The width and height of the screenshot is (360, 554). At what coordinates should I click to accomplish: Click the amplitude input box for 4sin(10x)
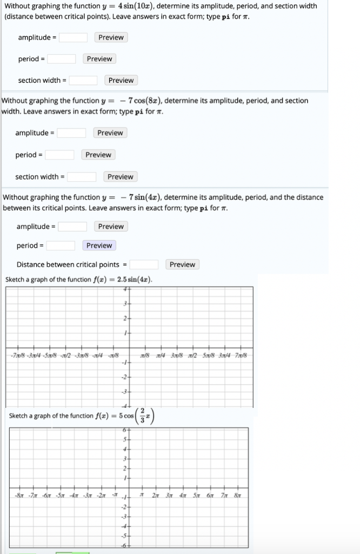[74, 37]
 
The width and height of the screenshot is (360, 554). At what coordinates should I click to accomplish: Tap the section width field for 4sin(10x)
[83, 80]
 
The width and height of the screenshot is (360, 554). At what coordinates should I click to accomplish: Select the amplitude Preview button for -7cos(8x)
[110, 133]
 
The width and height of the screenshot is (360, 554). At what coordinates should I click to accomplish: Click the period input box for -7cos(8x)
[60, 155]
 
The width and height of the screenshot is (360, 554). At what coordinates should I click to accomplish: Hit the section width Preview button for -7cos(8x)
[120, 176]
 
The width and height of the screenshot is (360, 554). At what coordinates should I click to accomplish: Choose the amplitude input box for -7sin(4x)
[73, 226]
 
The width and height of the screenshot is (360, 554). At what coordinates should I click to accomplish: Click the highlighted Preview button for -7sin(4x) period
[99, 245]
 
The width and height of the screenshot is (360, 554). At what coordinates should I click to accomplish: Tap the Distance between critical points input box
[144, 265]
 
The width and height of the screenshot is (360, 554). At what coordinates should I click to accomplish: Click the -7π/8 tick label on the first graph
[16, 355]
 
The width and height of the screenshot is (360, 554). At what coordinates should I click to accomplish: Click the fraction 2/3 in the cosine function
[143, 415]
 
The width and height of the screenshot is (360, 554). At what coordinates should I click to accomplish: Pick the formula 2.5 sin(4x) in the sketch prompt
[135, 280]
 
